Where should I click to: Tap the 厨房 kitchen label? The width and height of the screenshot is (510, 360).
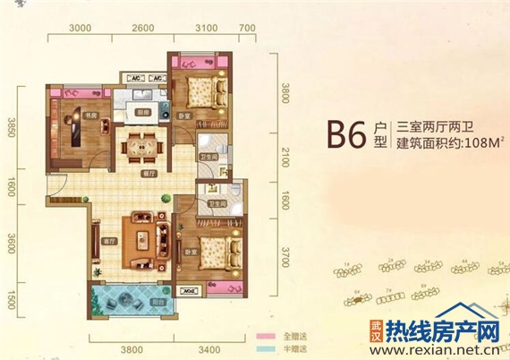tap(142, 112)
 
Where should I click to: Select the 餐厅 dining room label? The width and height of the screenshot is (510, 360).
tap(137, 170)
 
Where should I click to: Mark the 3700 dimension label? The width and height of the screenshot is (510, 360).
tap(285, 260)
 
